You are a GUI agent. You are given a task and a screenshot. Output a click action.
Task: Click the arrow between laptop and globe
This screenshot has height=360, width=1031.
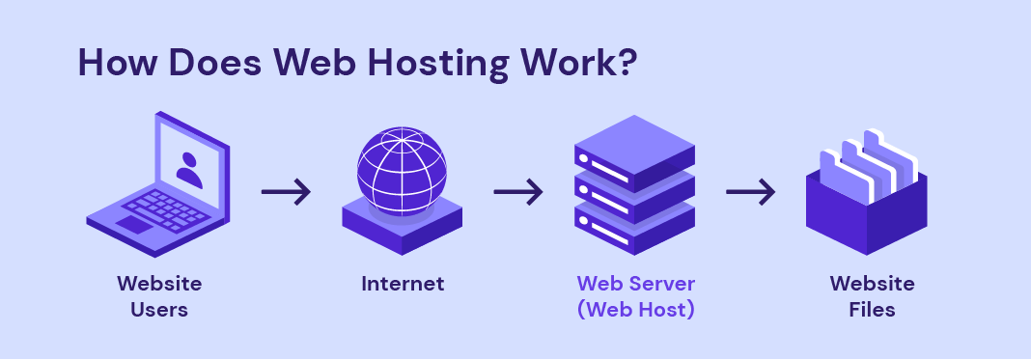coord(287,191)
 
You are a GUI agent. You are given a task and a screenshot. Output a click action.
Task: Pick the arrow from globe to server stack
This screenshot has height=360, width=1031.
coord(519,191)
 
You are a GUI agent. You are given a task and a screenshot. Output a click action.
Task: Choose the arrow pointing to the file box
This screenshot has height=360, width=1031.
coord(751,191)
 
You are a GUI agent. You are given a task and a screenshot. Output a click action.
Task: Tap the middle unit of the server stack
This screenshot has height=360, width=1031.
coord(634,188)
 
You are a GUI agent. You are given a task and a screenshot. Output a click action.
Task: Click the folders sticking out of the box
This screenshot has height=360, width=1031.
coord(866,159)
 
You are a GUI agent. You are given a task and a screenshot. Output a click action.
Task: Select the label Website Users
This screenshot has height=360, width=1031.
coord(159,296)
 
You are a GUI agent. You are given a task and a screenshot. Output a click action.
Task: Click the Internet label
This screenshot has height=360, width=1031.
coord(403,284)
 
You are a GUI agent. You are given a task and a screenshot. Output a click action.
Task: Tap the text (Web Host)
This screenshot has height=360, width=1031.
coord(635,311)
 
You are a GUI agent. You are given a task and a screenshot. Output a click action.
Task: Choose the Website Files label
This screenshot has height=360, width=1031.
coord(872,296)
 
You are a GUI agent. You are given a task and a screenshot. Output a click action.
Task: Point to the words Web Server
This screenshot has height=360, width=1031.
coord(635,284)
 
